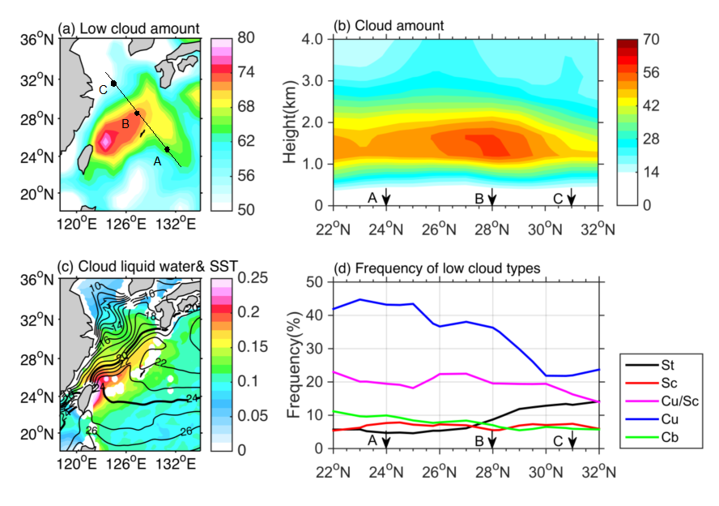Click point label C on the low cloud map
103,89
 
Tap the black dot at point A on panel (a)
167,149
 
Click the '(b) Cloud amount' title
389,26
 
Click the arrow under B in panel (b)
492,197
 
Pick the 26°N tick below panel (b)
439,229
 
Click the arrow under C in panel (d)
572,440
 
